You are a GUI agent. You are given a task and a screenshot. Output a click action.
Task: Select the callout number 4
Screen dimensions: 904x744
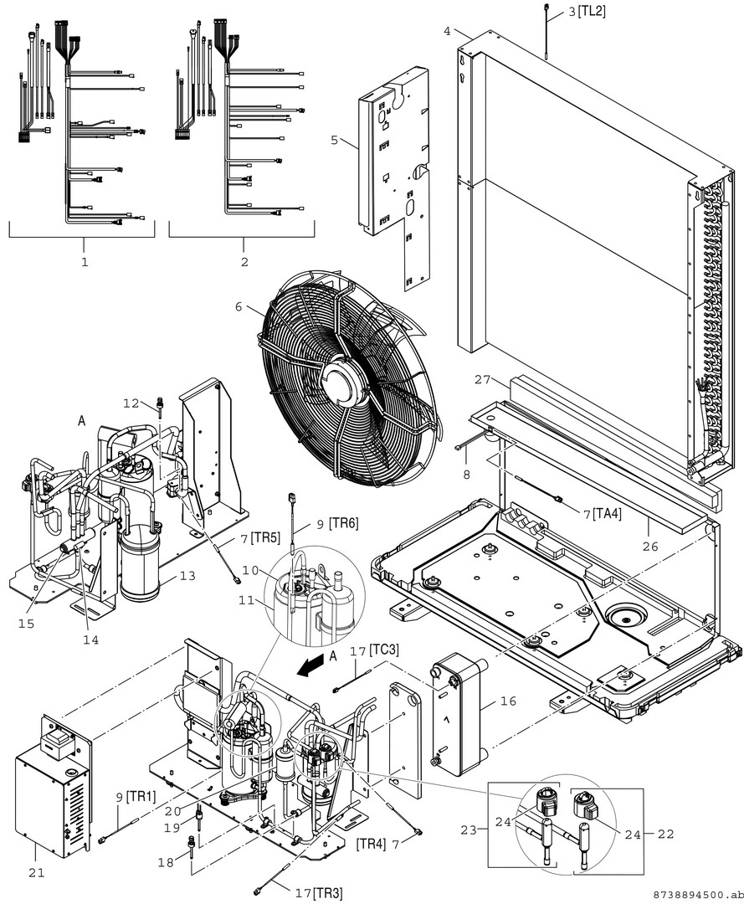(448, 31)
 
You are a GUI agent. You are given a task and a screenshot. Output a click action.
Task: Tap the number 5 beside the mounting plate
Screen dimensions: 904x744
(335, 140)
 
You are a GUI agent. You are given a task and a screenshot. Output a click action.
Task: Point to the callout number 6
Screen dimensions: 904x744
(239, 307)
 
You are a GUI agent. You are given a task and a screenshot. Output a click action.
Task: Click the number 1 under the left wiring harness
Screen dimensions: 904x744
(84, 262)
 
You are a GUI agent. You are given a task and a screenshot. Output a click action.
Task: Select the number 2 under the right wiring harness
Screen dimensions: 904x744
(244, 262)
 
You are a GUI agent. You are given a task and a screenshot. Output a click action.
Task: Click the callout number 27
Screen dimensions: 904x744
(482, 379)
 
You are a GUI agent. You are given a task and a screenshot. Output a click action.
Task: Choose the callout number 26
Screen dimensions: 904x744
(649, 547)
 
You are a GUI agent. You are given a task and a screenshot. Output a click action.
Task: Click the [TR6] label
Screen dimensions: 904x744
(343, 522)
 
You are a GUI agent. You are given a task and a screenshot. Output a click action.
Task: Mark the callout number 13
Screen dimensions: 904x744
(187, 576)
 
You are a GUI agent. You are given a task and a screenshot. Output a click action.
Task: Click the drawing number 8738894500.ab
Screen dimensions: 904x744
(694, 894)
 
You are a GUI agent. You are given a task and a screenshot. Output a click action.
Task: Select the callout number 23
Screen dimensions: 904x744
(469, 830)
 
